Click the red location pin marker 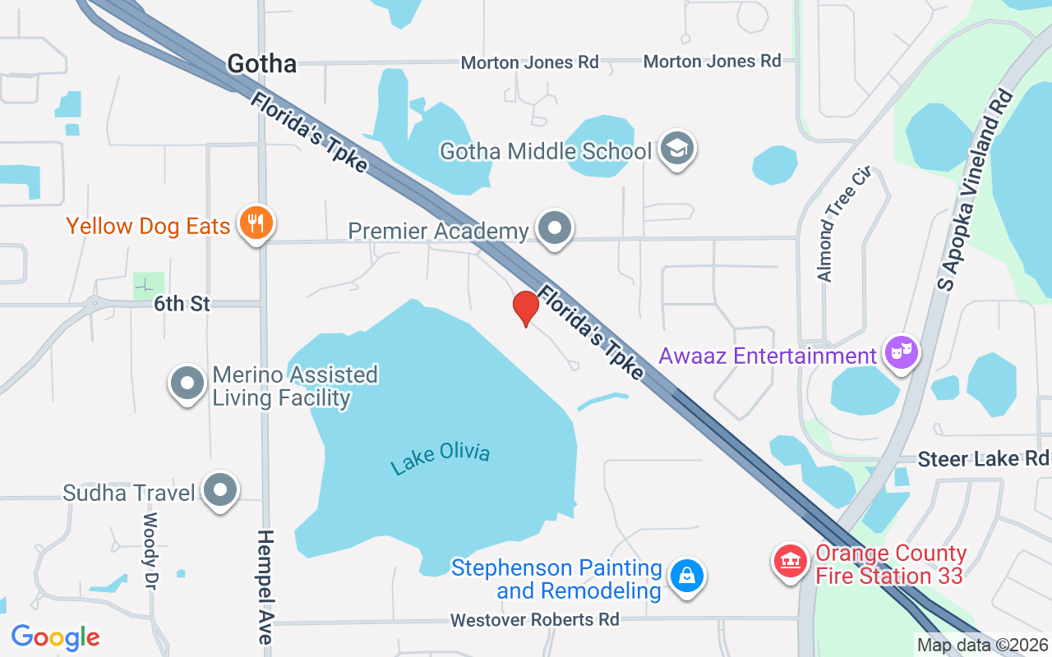point(525,308)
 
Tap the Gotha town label point(261,63)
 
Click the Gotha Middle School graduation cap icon point(677,149)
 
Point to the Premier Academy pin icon point(556,227)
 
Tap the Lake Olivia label point(441,457)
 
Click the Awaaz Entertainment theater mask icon point(901,354)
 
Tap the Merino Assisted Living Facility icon point(187,384)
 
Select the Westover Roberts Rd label point(535,620)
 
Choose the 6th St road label point(182,304)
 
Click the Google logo point(55,637)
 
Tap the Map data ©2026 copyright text point(983,646)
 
